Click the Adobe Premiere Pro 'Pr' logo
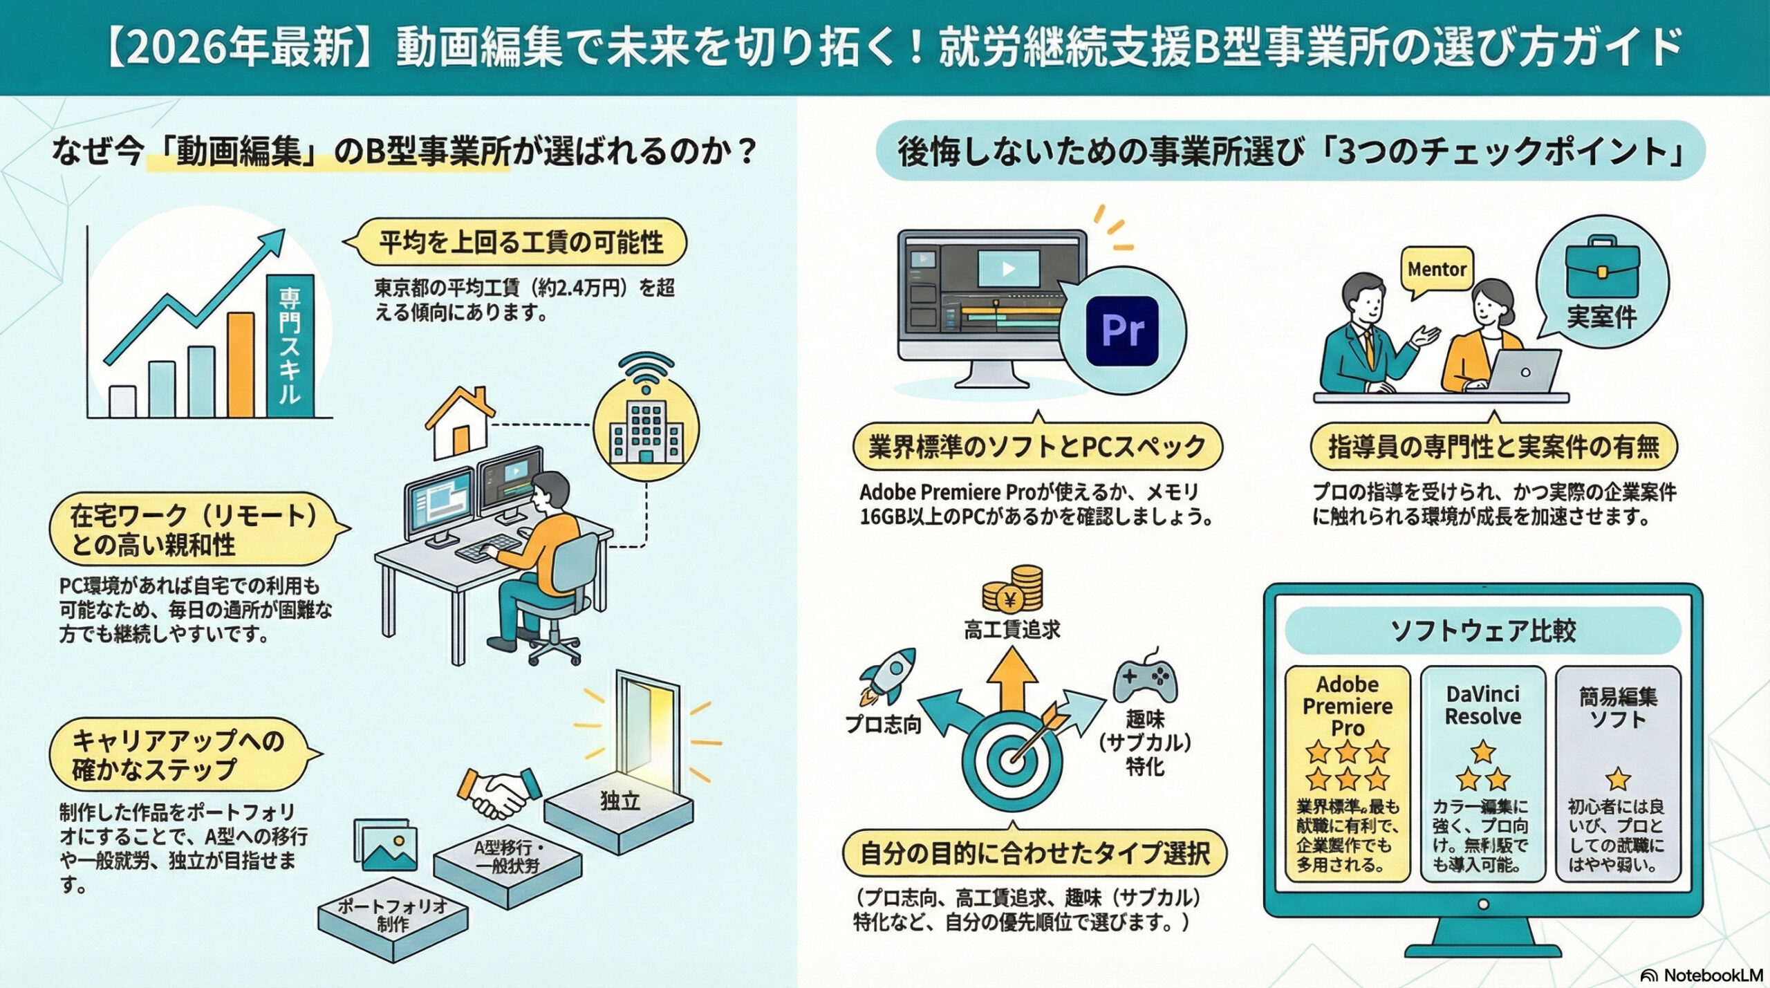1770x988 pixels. coord(1122,330)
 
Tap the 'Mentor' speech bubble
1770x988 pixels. coord(1437,269)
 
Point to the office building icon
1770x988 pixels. coord(646,429)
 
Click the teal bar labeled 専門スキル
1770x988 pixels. coord(290,346)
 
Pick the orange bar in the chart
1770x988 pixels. coord(241,364)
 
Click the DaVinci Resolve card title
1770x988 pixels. coord(1482,705)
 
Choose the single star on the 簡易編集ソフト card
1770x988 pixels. coord(1618,779)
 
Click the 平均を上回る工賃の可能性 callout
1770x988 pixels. coord(521,243)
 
